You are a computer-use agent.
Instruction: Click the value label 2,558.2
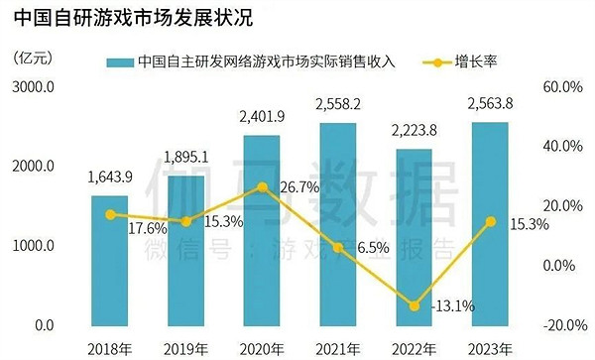click(x=338, y=104)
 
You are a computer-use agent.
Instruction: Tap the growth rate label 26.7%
click(x=298, y=186)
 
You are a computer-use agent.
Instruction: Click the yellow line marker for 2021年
click(x=338, y=247)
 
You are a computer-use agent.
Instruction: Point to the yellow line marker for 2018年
click(x=109, y=214)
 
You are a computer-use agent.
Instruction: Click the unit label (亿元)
click(x=31, y=55)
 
